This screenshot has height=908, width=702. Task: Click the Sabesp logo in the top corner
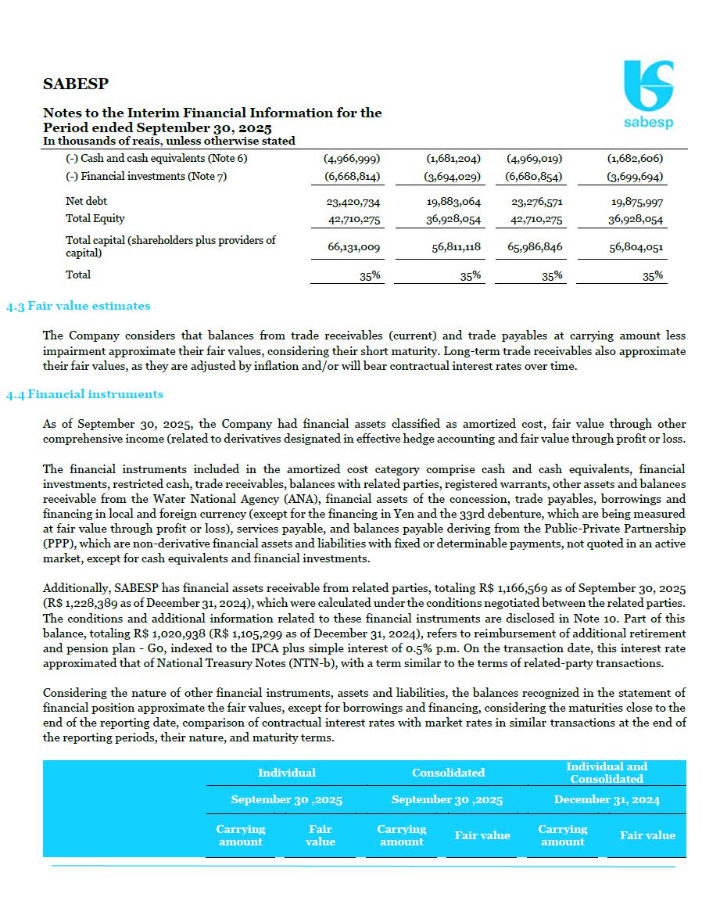pos(648,94)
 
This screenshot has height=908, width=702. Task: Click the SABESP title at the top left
pos(75,84)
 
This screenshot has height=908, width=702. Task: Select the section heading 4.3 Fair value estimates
pos(78,306)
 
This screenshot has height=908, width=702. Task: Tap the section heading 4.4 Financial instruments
pos(84,394)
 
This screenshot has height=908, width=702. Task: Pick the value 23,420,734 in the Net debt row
pos(353,203)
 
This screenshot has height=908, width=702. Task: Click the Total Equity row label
pos(95,219)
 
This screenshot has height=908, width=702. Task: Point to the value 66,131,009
pos(353,247)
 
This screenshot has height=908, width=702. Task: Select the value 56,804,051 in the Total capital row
pos(636,248)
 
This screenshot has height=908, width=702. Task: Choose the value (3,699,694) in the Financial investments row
pos(636,178)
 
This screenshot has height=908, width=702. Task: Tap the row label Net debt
pos(86,202)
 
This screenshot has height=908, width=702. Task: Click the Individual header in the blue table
pos(287,773)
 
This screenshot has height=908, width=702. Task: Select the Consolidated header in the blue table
pos(448,773)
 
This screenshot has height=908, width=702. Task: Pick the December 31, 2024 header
pos(607,799)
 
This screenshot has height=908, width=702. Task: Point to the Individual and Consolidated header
pos(607,773)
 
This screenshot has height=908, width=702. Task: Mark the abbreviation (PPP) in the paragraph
pos(57,544)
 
